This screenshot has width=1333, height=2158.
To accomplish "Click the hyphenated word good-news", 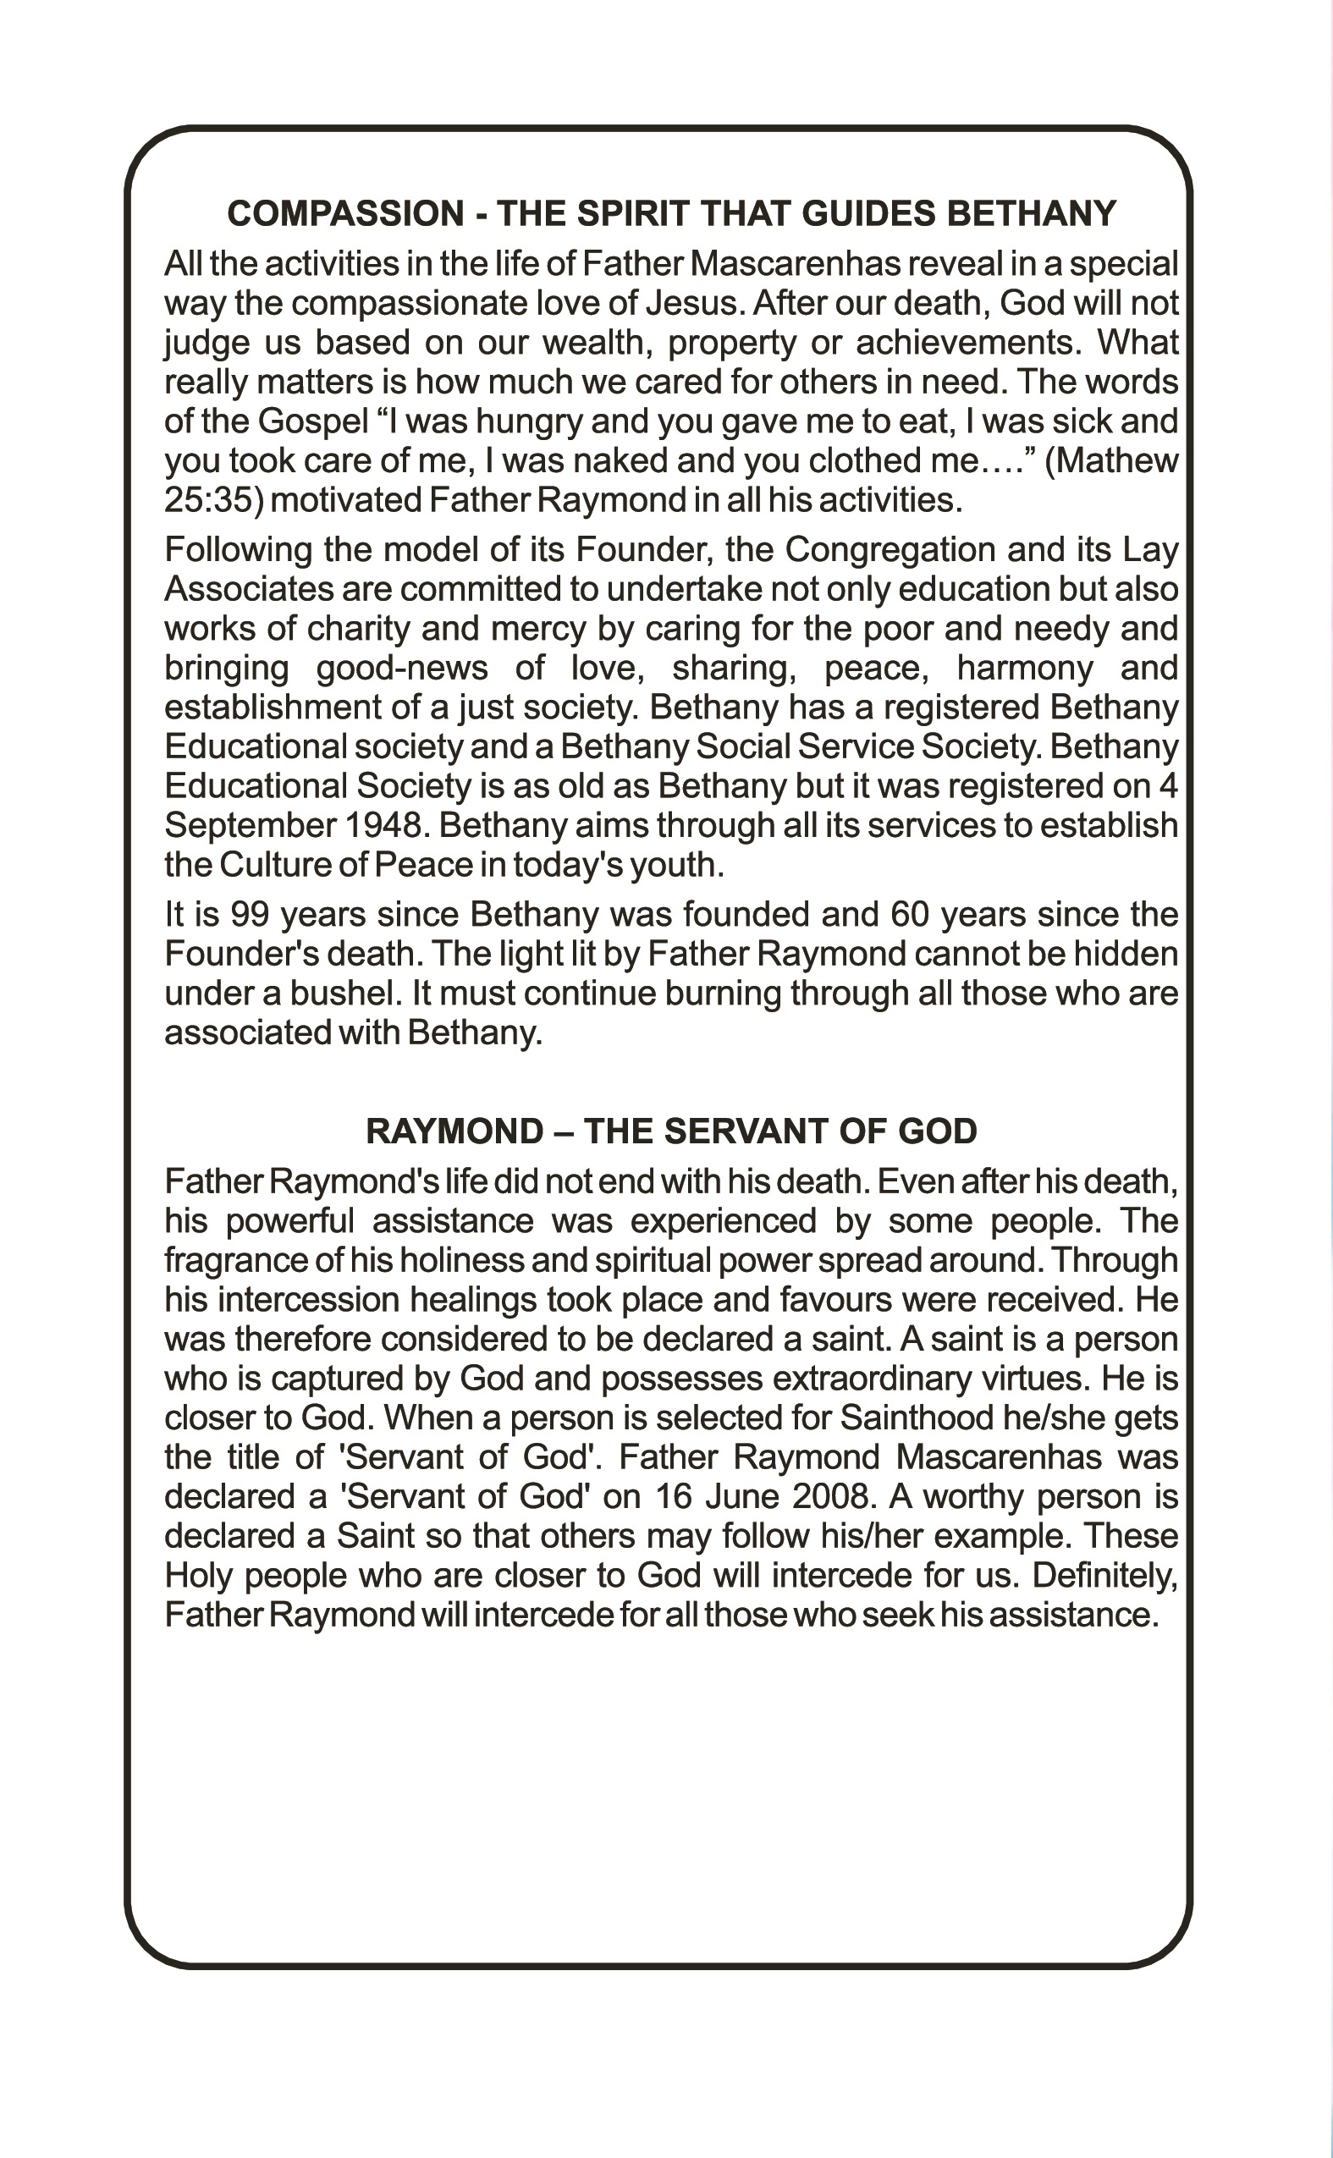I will click(x=402, y=669).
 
